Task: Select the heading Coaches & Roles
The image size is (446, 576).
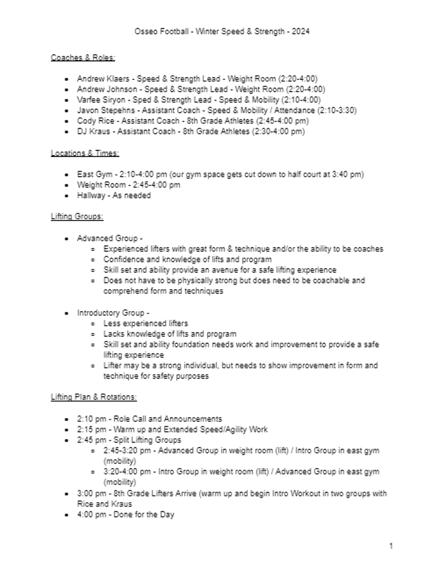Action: click(x=83, y=57)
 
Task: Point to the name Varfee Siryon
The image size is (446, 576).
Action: click(x=100, y=100)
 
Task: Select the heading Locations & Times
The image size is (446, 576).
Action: click(x=85, y=153)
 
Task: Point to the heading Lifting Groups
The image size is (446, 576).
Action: click(x=77, y=217)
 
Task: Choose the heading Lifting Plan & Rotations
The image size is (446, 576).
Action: click(x=94, y=397)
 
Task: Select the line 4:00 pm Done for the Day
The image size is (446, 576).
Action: click(x=126, y=515)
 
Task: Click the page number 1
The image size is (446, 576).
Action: click(x=391, y=546)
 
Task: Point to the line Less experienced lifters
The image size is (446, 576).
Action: click(x=145, y=323)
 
